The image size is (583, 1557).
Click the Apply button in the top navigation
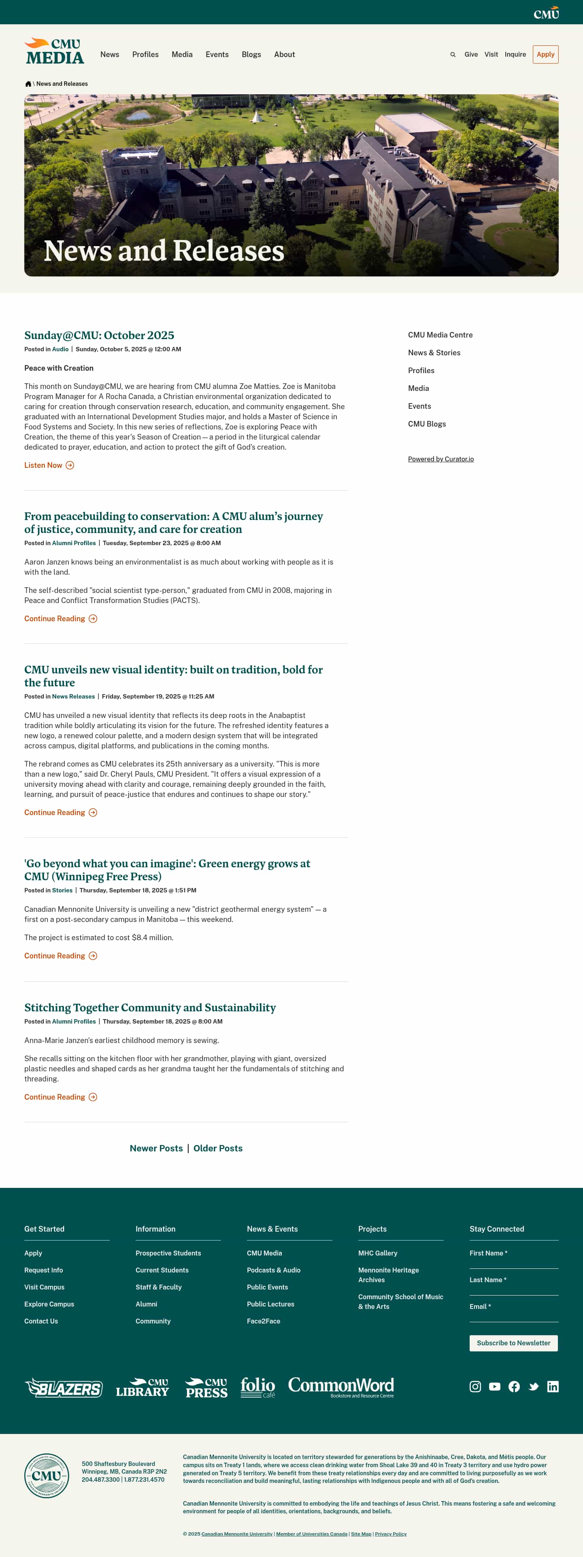pyautogui.click(x=545, y=54)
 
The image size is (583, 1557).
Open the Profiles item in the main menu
pyautogui.click(x=145, y=54)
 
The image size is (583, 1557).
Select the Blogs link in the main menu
pyautogui.click(x=251, y=54)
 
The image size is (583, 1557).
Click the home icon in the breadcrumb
pyautogui.click(x=28, y=84)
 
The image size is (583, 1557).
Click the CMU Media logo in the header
pyautogui.click(x=54, y=52)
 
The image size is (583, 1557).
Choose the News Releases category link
pyautogui.click(x=73, y=696)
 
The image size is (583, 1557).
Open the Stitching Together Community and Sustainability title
pyautogui.click(x=150, y=1007)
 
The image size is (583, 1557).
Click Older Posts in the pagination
pyautogui.click(x=218, y=1148)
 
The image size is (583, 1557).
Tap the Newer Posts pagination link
pyautogui.click(x=156, y=1148)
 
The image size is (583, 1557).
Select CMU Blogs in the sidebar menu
pyautogui.click(x=426, y=424)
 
